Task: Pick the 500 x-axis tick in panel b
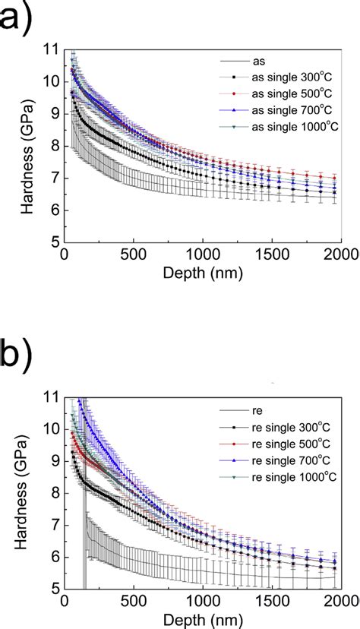pos(133,600)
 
